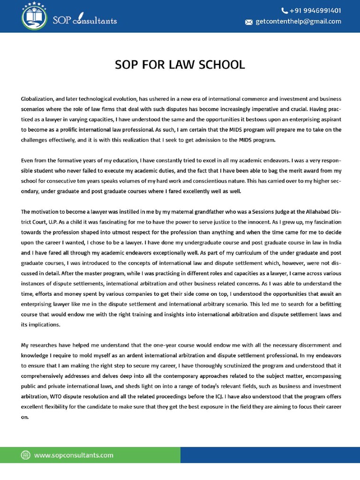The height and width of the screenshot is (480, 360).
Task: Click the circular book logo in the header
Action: (x=34, y=16)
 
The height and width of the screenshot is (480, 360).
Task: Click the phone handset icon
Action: (x=285, y=10)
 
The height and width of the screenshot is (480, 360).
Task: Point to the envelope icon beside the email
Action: (x=249, y=22)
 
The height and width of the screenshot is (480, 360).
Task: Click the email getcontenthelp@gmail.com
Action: (x=298, y=22)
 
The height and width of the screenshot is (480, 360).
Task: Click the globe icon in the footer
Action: (x=26, y=455)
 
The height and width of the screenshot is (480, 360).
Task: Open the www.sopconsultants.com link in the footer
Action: (x=74, y=455)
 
